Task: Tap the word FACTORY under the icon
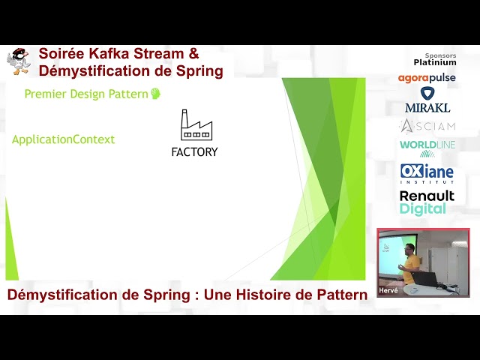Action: point(194,151)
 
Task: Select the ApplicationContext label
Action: point(64,139)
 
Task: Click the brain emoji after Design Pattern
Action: point(156,94)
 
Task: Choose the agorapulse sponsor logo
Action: point(427,78)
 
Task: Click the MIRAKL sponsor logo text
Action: point(427,107)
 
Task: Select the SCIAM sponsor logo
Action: point(427,125)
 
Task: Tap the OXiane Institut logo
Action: point(427,173)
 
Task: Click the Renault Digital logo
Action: point(427,202)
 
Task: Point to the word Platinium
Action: point(435,62)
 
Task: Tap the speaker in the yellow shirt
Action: point(409,266)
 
